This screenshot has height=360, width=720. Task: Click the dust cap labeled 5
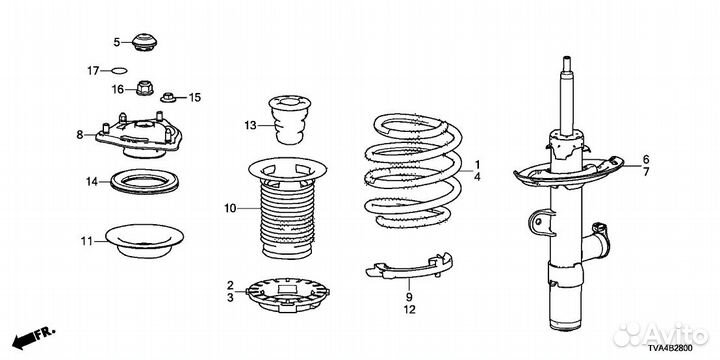click(144, 42)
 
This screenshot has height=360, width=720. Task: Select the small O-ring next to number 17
click(119, 70)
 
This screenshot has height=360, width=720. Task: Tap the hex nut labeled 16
click(145, 87)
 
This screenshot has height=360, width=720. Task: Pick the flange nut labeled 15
click(169, 97)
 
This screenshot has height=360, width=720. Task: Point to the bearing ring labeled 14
click(145, 182)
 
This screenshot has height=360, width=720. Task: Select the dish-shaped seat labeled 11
click(144, 241)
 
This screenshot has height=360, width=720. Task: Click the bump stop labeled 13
click(289, 119)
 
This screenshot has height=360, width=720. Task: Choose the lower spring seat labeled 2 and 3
click(288, 294)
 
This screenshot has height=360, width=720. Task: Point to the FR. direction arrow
click(33, 337)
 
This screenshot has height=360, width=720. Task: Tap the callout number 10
click(230, 209)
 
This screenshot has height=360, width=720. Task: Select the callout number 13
click(250, 125)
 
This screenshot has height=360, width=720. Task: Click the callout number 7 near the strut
click(646, 172)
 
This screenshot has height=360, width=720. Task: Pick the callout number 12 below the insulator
click(410, 310)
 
